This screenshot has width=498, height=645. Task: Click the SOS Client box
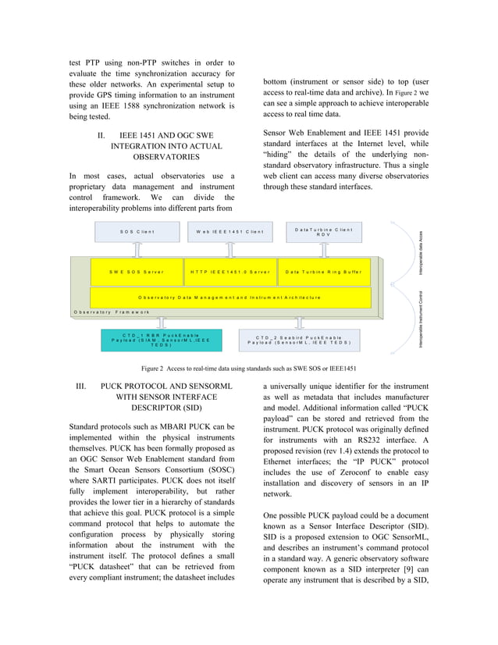[137, 232]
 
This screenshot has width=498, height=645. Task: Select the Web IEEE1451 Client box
[229, 232]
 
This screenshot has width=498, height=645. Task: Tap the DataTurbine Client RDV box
[323, 232]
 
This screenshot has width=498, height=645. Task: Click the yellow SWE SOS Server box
[137, 272]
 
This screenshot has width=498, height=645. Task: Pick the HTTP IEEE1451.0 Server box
[229, 272]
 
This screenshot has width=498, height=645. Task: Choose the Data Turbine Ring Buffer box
[323, 272]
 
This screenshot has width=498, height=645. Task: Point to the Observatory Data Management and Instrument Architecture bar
[229, 298]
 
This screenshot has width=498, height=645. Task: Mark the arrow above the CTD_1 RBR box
[161, 322]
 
